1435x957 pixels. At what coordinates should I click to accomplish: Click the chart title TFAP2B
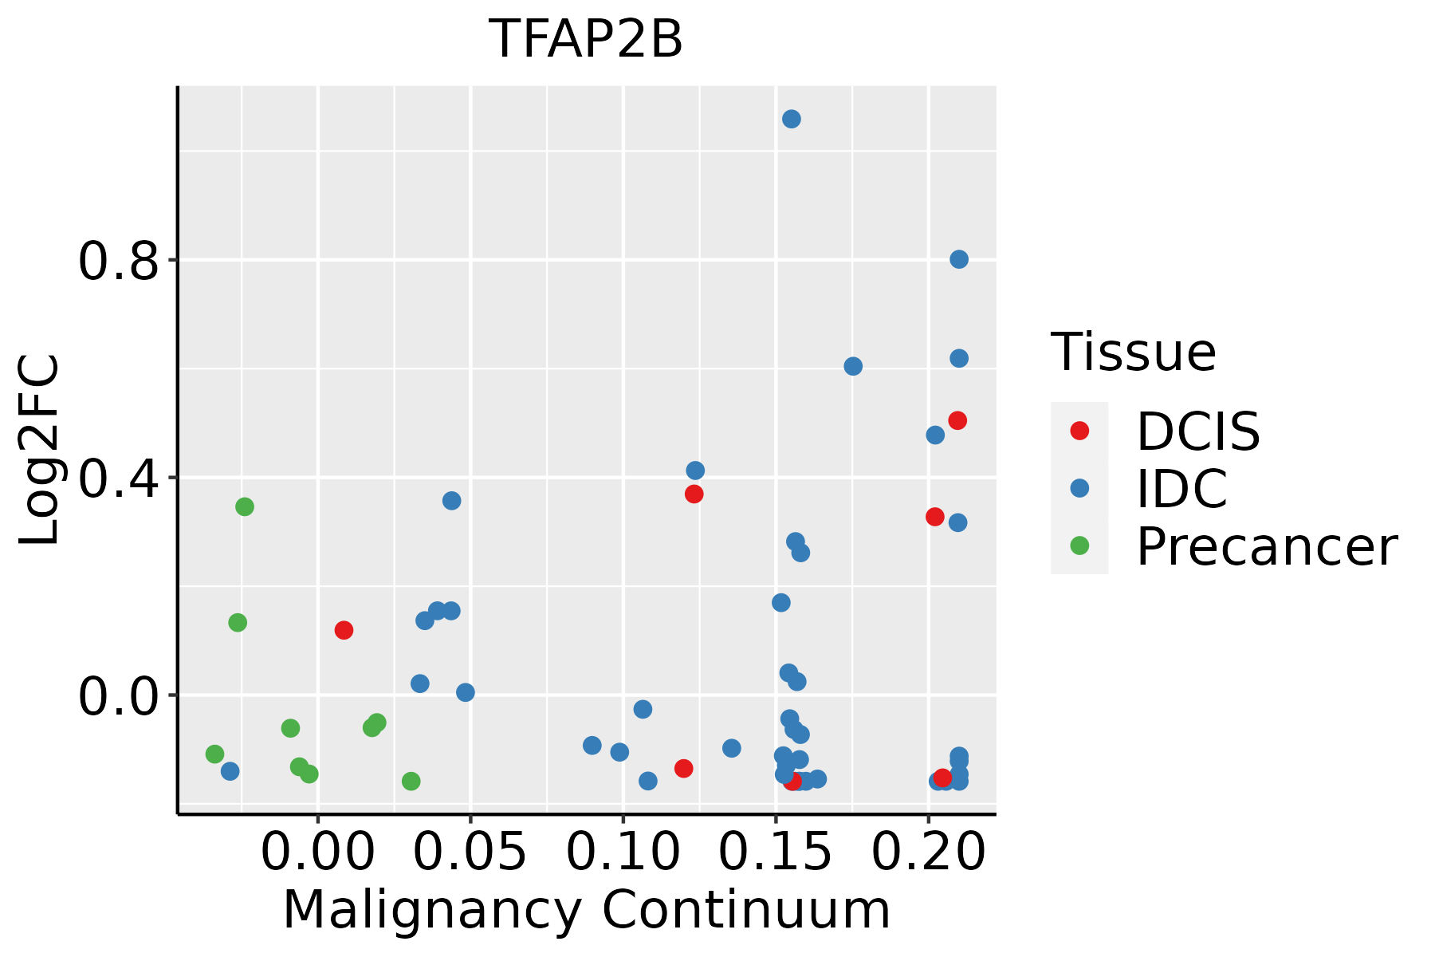tap(586, 40)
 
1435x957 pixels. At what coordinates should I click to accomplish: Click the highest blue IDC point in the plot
tap(792, 119)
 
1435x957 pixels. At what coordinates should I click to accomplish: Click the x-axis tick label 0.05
tap(471, 853)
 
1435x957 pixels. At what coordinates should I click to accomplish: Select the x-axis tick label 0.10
tap(623, 853)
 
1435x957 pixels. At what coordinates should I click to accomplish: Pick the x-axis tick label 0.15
tap(776, 853)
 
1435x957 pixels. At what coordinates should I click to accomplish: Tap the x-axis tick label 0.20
tap(929, 853)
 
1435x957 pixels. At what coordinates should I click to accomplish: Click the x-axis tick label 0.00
tap(318, 853)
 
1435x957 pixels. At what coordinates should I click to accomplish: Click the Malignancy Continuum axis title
tap(586, 910)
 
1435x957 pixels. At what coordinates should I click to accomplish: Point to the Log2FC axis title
tap(40, 451)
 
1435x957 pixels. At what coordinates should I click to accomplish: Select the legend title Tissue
tap(1133, 352)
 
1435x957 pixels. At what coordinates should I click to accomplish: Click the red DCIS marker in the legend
tap(1079, 431)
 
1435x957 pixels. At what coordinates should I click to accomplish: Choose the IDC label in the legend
tap(1181, 488)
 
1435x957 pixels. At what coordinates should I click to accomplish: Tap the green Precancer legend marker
tap(1079, 545)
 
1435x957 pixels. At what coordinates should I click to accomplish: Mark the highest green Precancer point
tap(245, 506)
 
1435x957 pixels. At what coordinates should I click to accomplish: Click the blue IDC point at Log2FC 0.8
tap(959, 259)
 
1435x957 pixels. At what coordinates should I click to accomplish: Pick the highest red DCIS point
tap(957, 420)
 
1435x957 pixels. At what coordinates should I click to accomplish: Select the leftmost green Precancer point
tap(214, 754)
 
